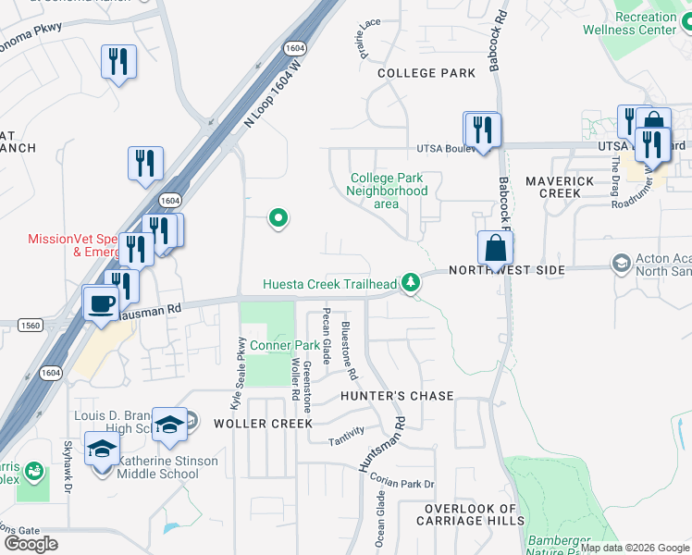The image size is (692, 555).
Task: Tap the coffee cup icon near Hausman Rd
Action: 100,302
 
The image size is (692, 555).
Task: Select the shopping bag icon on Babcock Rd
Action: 495,248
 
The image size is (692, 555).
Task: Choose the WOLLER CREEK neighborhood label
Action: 260,423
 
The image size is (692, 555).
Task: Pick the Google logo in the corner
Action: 31,544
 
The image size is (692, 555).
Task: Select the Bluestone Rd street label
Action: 349,351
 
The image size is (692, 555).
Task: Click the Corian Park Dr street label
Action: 401,482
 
